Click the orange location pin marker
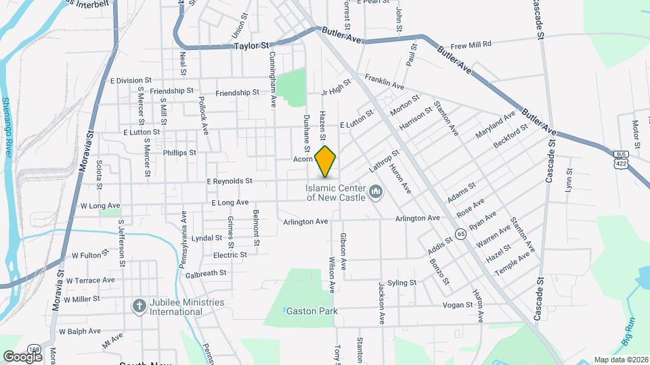[x=326, y=161]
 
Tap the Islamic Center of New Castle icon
[x=375, y=193]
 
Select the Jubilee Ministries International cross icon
[x=139, y=306]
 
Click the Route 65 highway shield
[x=460, y=234]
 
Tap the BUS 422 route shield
[x=620, y=160]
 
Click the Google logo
[x=22, y=356]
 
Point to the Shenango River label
[x=7, y=128]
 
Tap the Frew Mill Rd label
[x=485, y=43]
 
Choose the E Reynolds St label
[x=230, y=181]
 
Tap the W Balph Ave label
[x=80, y=331]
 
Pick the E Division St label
[x=138, y=80]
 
